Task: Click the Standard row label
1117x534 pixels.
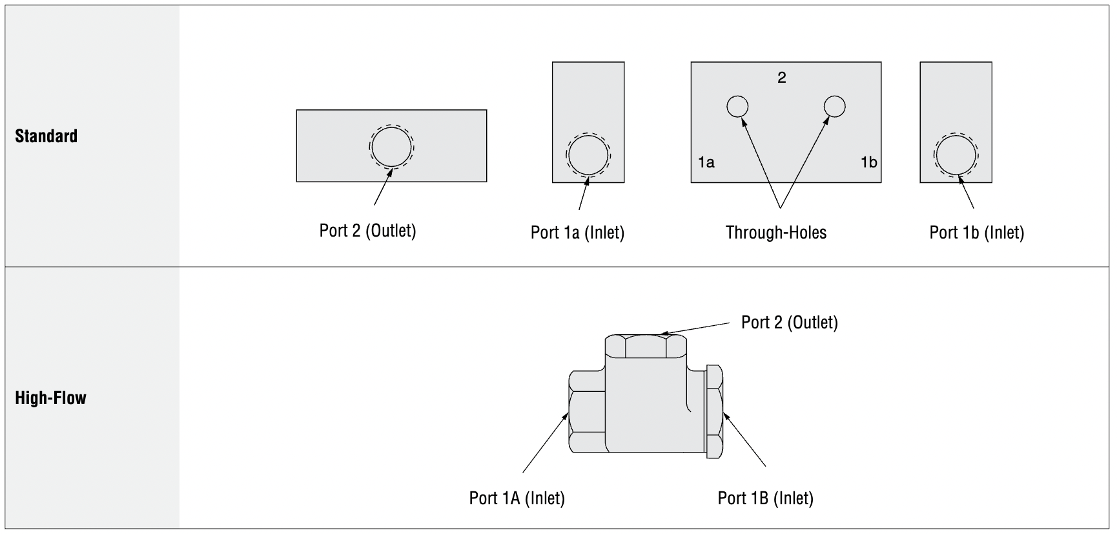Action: click(46, 136)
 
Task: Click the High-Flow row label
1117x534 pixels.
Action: click(50, 398)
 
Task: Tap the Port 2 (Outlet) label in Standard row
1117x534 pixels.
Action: click(367, 231)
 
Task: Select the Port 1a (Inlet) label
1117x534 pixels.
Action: click(577, 233)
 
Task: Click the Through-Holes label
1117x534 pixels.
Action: click(775, 233)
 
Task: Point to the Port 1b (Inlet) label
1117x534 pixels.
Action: click(976, 233)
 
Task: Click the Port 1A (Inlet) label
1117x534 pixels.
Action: click(517, 498)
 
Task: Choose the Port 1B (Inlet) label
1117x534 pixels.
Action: click(765, 498)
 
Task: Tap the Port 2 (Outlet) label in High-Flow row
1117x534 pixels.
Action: click(789, 323)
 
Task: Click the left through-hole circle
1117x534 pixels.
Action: click(737, 106)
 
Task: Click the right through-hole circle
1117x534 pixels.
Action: click(834, 106)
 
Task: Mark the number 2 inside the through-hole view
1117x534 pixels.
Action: click(782, 78)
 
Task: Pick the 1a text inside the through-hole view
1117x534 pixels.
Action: click(706, 162)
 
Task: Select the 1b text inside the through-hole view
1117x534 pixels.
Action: click(868, 162)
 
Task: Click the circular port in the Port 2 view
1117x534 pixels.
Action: click(391, 146)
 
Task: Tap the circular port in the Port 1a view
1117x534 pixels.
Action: click(588, 155)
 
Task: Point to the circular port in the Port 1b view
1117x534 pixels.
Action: click(956, 155)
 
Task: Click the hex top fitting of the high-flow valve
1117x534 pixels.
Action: click(645, 347)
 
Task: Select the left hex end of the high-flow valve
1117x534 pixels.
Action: click(586, 412)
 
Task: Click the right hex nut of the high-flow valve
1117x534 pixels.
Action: click(714, 412)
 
